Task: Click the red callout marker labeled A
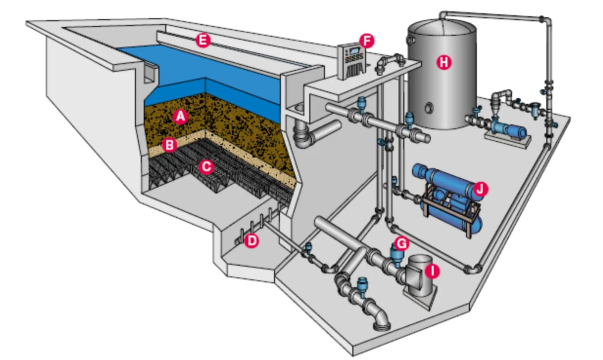pyautogui.click(x=180, y=117)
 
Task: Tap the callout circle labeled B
pyautogui.click(x=170, y=145)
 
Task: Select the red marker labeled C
pyautogui.click(x=206, y=167)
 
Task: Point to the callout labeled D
pyautogui.click(x=251, y=241)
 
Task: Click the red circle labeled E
pyautogui.click(x=203, y=40)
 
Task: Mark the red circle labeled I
pyautogui.click(x=432, y=271)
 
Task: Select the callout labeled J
pyautogui.click(x=480, y=189)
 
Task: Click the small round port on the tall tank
pyautogui.click(x=429, y=108)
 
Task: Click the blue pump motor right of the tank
pyautogui.click(x=512, y=130)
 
